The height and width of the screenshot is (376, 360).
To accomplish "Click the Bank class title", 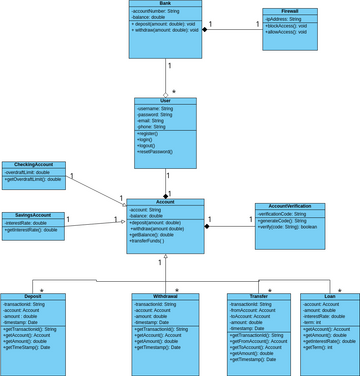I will (165, 4).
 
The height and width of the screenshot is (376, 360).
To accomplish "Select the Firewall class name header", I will (289, 11).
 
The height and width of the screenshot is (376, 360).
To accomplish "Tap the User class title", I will (166, 101).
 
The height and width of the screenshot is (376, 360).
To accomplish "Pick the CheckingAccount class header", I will (34, 165).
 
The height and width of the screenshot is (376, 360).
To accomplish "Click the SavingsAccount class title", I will (34, 215).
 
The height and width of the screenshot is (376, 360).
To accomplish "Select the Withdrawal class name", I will (165, 297).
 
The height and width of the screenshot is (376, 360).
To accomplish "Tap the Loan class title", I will (329, 297).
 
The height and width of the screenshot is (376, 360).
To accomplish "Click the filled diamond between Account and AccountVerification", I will (209, 227).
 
